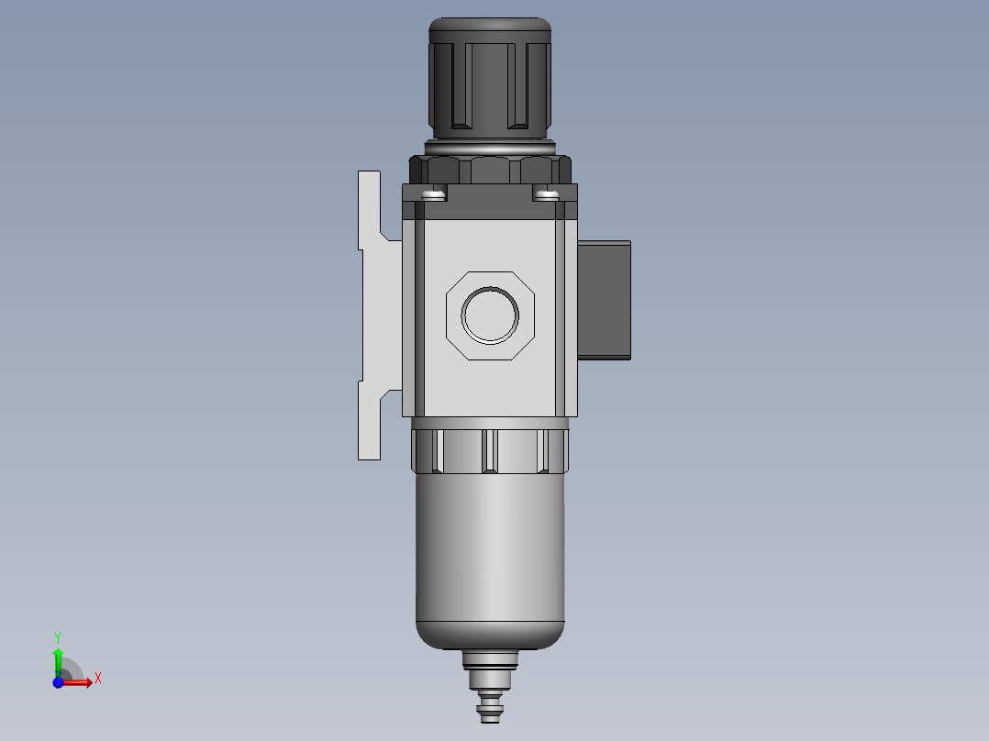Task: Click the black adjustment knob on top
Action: (490, 79)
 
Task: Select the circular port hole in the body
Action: (490, 315)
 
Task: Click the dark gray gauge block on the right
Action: (605, 300)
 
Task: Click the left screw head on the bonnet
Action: (434, 194)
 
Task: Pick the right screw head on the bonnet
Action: (546, 194)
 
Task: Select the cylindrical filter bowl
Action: (490, 561)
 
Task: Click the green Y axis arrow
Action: (58, 662)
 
